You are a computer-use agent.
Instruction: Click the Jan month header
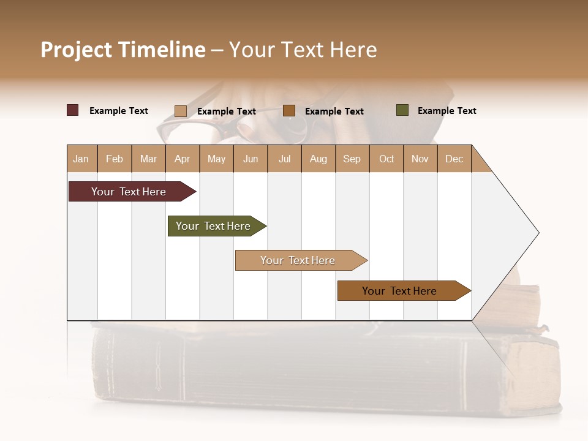[x=81, y=159]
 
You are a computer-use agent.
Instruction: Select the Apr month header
[x=183, y=159]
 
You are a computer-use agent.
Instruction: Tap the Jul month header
[x=284, y=159]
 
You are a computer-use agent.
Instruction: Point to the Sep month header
[x=352, y=159]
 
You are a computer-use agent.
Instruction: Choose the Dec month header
[x=454, y=159]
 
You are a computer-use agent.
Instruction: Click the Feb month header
[x=115, y=159]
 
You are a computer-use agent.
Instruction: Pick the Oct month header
[x=386, y=159]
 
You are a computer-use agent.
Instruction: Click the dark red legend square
[x=73, y=110]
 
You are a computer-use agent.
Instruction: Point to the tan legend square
[x=181, y=111]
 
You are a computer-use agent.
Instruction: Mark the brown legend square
[x=289, y=110]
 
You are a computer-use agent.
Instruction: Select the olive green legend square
[x=402, y=110]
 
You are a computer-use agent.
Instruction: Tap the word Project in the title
[x=76, y=50]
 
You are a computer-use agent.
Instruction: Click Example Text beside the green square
[x=447, y=111]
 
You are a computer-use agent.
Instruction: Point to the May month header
[x=216, y=159]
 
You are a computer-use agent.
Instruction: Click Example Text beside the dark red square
[x=119, y=111]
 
